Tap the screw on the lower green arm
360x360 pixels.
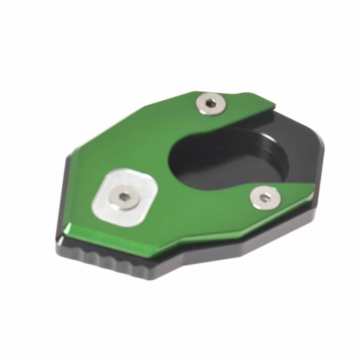click(x=264, y=197)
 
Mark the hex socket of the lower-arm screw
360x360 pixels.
click(x=264, y=197)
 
